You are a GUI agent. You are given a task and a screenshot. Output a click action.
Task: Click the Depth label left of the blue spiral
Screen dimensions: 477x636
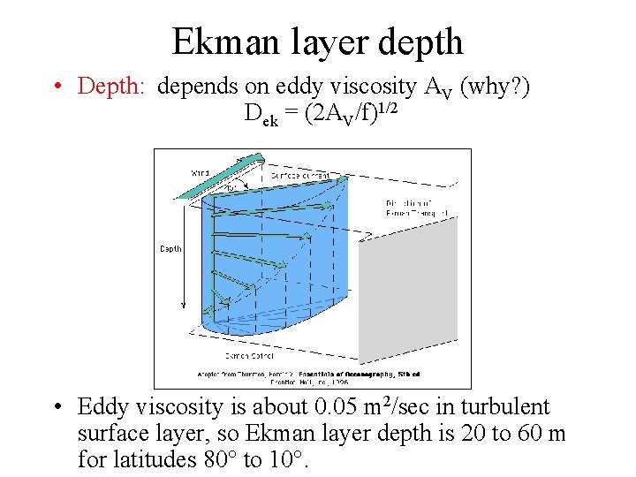pos(170,249)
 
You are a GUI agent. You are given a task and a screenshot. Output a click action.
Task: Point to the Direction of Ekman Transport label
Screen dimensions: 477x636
pos(418,208)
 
